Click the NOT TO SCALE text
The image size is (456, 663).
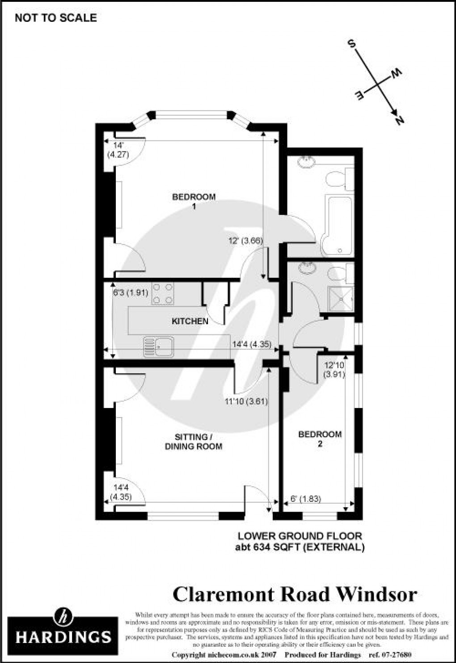(56, 18)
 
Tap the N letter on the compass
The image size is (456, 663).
(399, 120)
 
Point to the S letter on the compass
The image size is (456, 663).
(352, 44)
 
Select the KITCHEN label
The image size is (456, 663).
(190, 321)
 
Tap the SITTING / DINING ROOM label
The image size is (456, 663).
(194, 441)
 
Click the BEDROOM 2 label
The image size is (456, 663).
(320, 438)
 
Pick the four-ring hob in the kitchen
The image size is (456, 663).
(163, 293)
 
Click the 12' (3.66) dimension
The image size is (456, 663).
(245, 241)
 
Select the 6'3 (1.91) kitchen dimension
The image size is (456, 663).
(131, 293)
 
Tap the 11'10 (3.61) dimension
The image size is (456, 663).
(246, 401)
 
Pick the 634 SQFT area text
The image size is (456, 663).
(300, 547)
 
